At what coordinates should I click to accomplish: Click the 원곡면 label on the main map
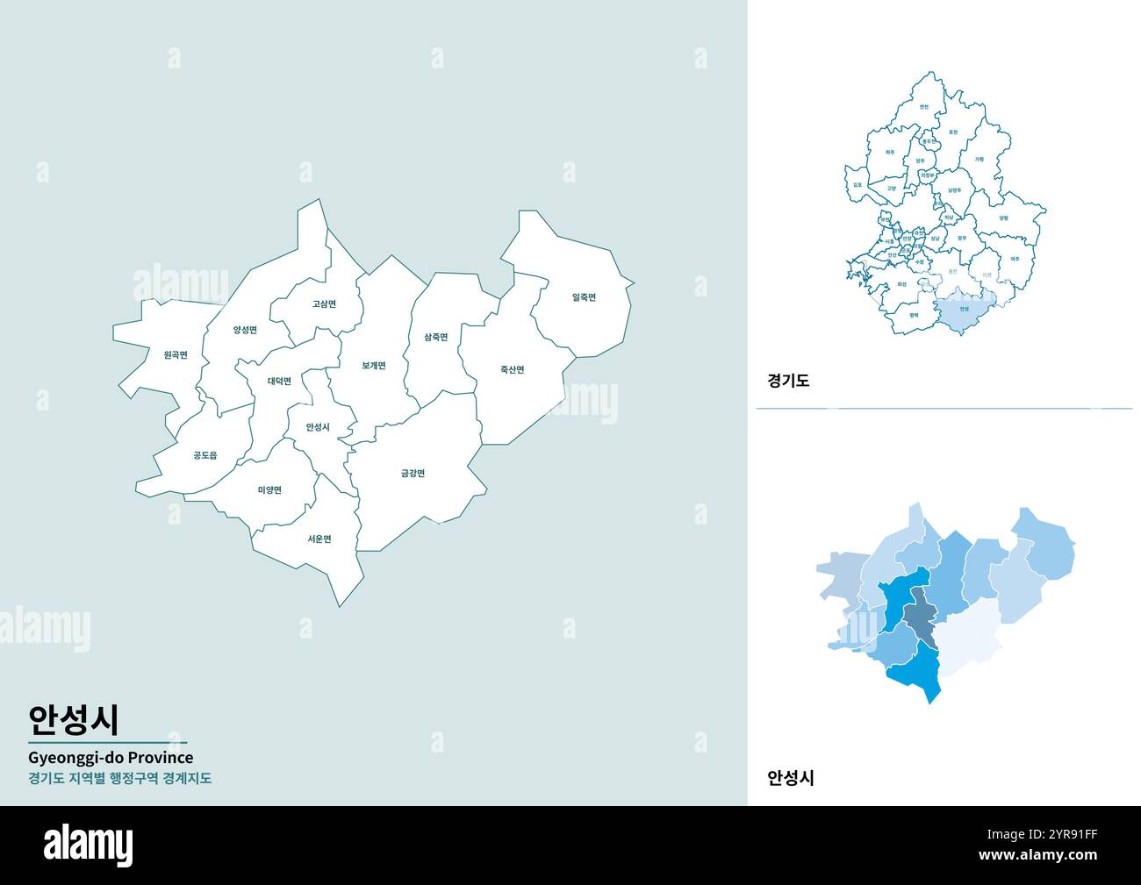click(176, 355)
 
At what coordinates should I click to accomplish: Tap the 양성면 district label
click(245, 330)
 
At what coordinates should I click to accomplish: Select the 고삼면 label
click(324, 304)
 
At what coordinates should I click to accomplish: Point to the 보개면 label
click(374, 366)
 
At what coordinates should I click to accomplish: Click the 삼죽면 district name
click(435, 337)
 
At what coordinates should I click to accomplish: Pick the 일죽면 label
click(584, 297)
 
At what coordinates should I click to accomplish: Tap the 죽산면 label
click(512, 370)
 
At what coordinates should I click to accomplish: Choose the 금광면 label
click(413, 474)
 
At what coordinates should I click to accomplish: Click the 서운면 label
click(319, 539)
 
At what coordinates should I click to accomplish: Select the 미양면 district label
click(269, 489)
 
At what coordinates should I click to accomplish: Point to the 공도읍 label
click(205, 455)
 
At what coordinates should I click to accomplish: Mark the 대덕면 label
click(280, 381)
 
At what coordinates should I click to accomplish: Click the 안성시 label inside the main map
click(318, 427)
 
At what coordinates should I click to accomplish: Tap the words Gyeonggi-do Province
click(111, 757)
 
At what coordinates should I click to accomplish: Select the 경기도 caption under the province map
click(788, 381)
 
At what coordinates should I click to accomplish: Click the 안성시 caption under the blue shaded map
click(791, 777)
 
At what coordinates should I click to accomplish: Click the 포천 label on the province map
click(953, 132)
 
